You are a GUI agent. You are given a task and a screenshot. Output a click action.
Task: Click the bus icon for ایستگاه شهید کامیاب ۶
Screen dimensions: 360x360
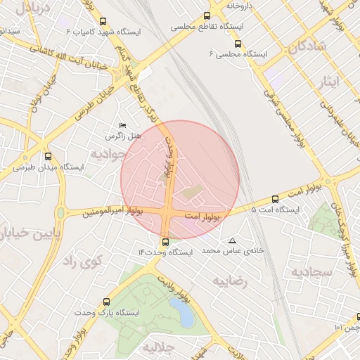tap(103, 21)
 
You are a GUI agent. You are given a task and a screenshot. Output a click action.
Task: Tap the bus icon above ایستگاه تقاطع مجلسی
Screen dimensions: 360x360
tap(207, 15)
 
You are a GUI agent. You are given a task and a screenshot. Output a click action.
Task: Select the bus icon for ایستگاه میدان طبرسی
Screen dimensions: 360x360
tap(48, 156)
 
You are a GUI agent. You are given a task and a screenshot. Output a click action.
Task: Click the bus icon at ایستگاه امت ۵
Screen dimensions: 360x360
tap(275, 199)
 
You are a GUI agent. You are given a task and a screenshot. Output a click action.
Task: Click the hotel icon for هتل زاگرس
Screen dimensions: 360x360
tap(124, 125)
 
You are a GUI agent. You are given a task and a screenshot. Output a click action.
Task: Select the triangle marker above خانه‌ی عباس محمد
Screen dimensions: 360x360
tap(233, 240)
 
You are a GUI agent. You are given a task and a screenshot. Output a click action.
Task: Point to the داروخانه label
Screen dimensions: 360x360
tap(238, 6)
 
